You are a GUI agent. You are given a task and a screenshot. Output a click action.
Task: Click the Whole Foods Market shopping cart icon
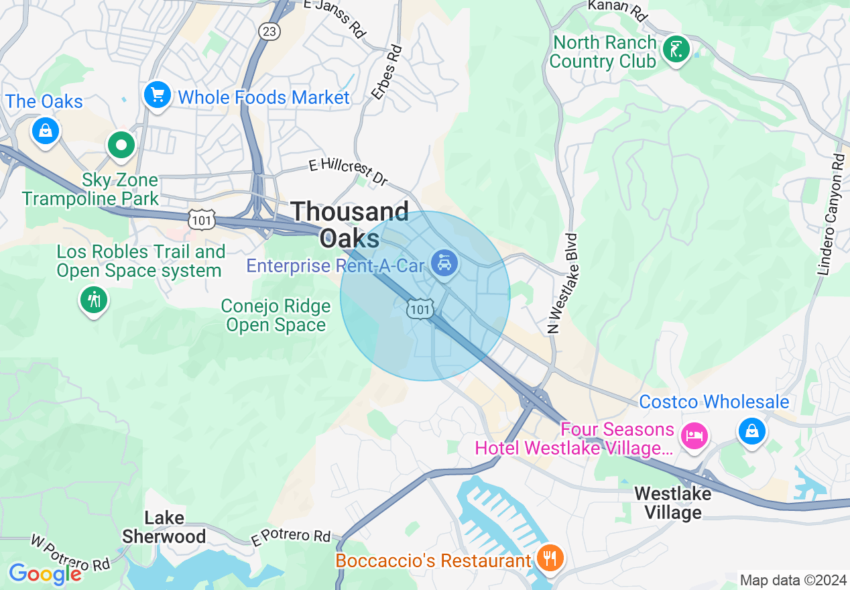pyautogui.click(x=157, y=95)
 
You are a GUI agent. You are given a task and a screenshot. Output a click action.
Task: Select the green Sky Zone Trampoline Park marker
pyautogui.click(x=121, y=144)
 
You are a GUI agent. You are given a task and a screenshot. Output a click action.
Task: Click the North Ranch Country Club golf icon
pyautogui.click(x=676, y=49)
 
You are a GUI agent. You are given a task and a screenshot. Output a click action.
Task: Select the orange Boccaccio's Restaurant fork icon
pyautogui.click(x=550, y=558)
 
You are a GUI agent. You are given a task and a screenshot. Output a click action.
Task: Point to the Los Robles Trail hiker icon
pyautogui.click(x=94, y=299)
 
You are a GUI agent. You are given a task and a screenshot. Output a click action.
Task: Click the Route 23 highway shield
pyautogui.click(x=269, y=32)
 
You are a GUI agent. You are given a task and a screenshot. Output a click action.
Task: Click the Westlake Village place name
pyautogui.click(x=672, y=504)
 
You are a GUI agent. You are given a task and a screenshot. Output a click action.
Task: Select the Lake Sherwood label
pyautogui.click(x=164, y=527)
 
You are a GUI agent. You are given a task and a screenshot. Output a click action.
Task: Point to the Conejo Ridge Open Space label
pyautogui.click(x=276, y=316)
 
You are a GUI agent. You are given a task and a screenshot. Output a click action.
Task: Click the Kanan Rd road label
pyautogui.click(x=617, y=9)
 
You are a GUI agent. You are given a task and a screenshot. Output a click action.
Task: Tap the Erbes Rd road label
pyautogui.click(x=388, y=72)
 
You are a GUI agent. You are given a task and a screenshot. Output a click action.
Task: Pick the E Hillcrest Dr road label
pyautogui.click(x=348, y=172)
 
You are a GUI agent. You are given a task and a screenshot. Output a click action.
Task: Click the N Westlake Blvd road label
pyautogui.click(x=562, y=284)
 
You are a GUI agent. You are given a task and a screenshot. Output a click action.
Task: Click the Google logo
pyautogui.click(x=45, y=574)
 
